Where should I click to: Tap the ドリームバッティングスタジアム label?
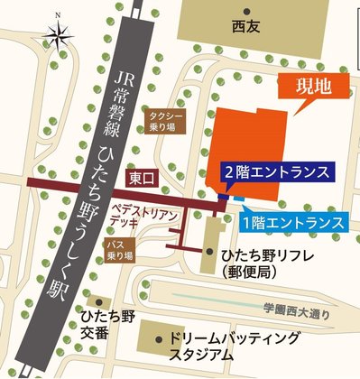point(234,347)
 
